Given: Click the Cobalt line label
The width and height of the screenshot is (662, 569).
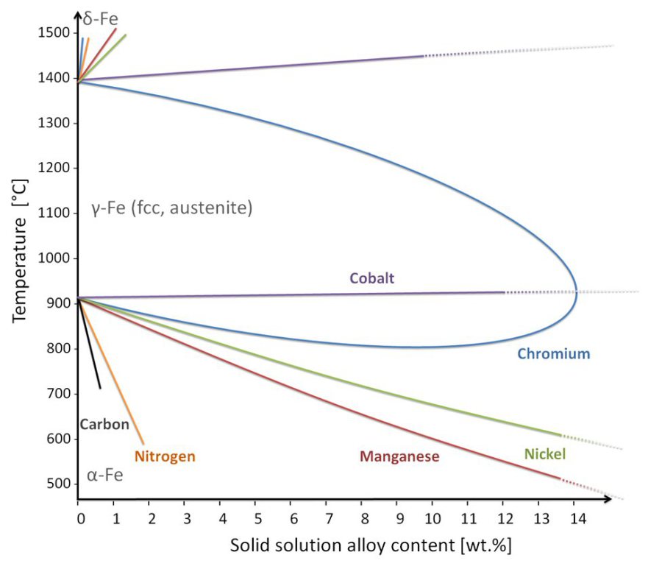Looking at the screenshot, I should (372, 278).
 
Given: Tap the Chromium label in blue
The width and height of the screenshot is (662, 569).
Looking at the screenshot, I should (553, 354).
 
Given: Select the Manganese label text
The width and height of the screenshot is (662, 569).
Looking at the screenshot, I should (399, 456).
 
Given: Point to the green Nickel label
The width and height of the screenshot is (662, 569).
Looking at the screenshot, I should (545, 454).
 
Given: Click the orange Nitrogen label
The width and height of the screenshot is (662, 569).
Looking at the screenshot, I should (165, 456).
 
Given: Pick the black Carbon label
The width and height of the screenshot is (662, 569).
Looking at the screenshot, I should (104, 424).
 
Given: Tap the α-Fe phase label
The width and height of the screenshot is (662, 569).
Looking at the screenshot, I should (105, 476).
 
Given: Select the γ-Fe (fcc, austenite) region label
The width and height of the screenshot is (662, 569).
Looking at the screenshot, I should (172, 208).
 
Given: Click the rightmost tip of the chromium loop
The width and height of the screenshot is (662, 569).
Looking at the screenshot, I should (577, 292).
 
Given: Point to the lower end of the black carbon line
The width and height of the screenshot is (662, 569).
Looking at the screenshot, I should (100, 388).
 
